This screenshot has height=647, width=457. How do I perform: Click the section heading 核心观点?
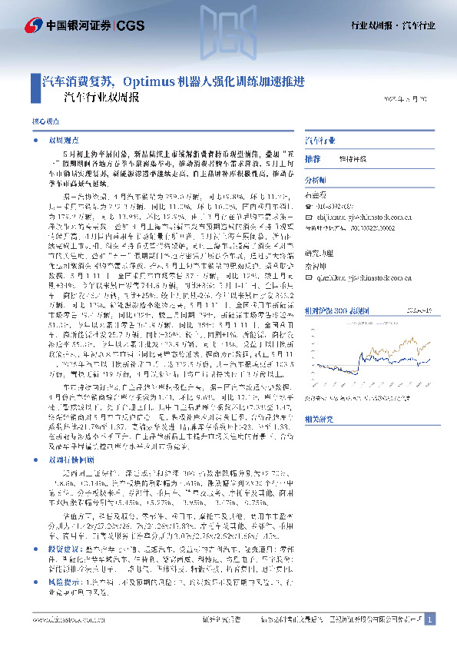[43, 122]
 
